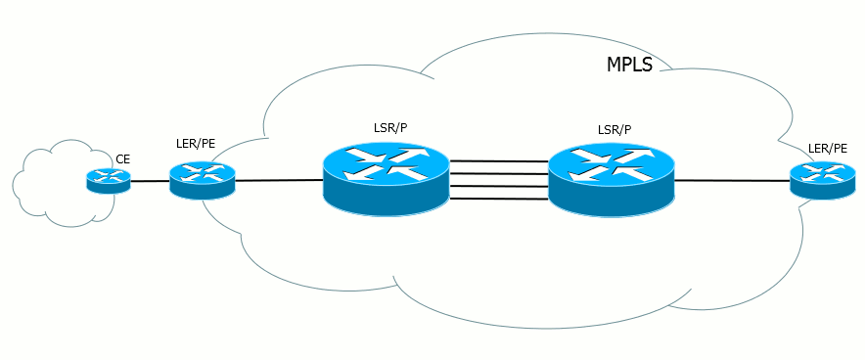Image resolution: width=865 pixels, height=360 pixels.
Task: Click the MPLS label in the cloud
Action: click(x=629, y=65)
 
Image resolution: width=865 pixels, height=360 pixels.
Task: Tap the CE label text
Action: click(x=122, y=159)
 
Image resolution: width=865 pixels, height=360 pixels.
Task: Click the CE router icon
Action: click(x=109, y=181)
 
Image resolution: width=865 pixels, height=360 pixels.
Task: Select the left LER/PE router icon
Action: click(x=203, y=180)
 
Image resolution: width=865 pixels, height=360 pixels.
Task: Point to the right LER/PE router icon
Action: click(x=823, y=180)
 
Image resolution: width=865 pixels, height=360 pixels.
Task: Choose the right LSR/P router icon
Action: click(x=612, y=179)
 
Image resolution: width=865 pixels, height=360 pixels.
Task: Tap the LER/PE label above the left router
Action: click(x=191, y=146)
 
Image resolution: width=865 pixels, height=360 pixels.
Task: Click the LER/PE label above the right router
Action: click(x=827, y=149)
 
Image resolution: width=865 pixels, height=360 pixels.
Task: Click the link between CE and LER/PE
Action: click(x=150, y=181)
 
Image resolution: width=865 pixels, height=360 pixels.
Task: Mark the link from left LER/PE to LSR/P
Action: click(x=279, y=180)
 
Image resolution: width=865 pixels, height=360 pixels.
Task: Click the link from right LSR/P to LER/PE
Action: click(x=732, y=180)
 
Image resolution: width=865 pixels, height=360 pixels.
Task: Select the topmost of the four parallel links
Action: click(x=499, y=161)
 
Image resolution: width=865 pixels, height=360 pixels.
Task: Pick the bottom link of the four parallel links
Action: click(x=499, y=199)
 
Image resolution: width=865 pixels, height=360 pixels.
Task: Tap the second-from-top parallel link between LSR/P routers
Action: click(x=499, y=174)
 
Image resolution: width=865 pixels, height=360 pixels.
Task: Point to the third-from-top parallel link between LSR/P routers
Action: click(x=499, y=186)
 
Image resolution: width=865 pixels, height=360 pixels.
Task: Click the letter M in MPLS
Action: click(x=613, y=65)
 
